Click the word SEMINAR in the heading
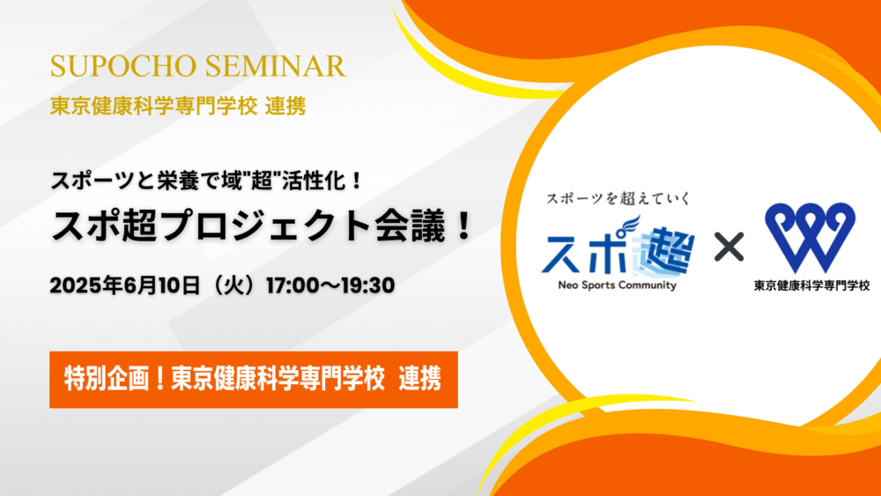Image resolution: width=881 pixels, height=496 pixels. pyautogui.click(x=275, y=66)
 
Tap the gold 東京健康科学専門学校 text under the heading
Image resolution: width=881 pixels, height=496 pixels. pyautogui.click(x=153, y=106)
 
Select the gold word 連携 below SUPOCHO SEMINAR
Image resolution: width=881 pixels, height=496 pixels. pyautogui.click(x=285, y=106)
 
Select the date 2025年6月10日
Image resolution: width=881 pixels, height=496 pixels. pyautogui.click(x=125, y=285)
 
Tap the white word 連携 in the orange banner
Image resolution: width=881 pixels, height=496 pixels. pyautogui.click(x=419, y=379)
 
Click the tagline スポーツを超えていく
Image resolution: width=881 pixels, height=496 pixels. pyautogui.click(x=618, y=198)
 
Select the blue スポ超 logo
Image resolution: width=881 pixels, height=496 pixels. pyautogui.click(x=618, y=248)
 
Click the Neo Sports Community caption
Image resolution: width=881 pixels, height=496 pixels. pyautogui.click(x=617, y=285)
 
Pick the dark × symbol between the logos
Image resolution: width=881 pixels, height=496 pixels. pyautogui.click(x=729, y=248)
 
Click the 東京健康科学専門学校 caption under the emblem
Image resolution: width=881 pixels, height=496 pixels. pyautogui.click(x=812, y=285)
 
